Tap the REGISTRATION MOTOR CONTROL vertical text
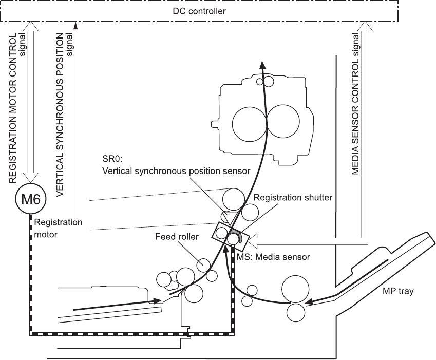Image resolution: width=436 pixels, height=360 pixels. (x=14, y=107)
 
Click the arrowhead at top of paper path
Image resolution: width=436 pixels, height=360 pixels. (x=262, y=63)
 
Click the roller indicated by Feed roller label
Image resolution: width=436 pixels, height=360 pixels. (x=203, y=264)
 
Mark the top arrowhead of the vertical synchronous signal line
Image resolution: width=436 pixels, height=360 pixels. (x=75, y=24)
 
